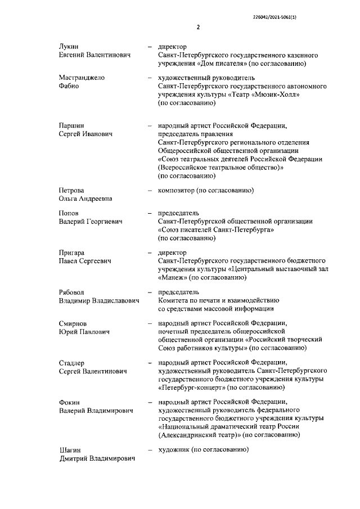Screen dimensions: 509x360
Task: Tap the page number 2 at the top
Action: click(x=198, y=26)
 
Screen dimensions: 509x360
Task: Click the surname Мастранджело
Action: click(x=82, y=77)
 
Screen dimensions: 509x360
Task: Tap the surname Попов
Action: click(x=69, y=213)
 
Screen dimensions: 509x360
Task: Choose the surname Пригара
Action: click(x=73, y=253)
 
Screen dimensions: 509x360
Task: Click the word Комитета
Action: click(x=175, y=300)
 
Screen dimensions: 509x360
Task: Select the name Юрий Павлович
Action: click(x=84, y=332)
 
